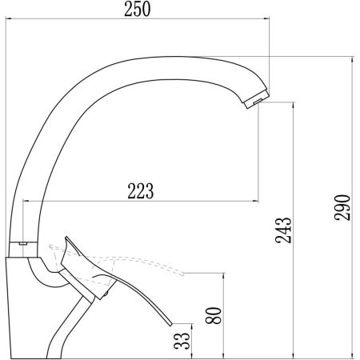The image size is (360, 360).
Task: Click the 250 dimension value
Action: click(x=138, y=9)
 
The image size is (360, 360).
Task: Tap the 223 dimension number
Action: click(x=141, y=191)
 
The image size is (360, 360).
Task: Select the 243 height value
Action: click(x=283, y=230)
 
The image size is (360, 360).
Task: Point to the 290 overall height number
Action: click(x=342, y=207)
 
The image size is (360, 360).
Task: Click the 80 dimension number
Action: click(x=214, y=315)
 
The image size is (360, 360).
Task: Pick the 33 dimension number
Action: click(x=182, y=341)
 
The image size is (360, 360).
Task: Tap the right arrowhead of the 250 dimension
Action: click(x=266, y=18)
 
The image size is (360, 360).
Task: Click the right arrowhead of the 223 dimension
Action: click(x=255, y=201)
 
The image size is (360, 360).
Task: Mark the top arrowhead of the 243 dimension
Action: click(x=294, y=105)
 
